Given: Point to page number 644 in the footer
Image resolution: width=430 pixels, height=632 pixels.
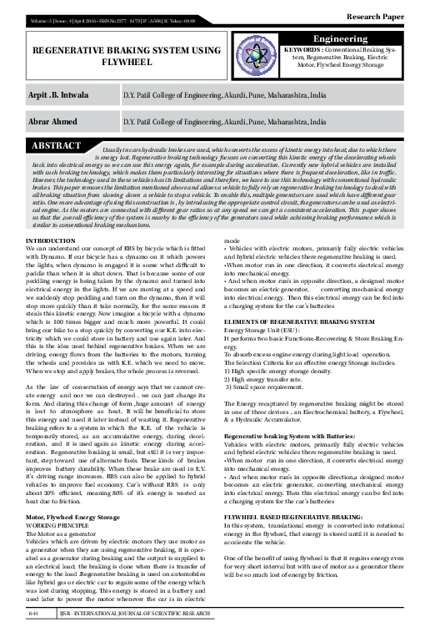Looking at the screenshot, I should pyautogui.click(x=34, y=614).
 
